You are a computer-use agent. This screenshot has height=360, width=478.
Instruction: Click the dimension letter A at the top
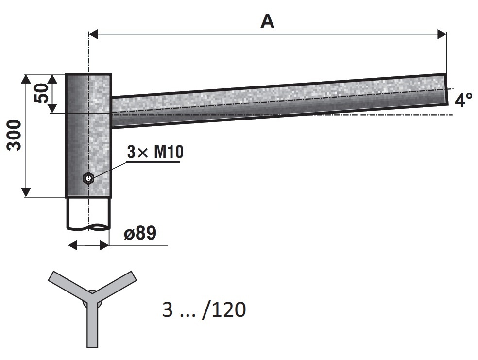(x=267, y=22)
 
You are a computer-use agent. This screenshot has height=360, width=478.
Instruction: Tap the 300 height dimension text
(x=14, y=135)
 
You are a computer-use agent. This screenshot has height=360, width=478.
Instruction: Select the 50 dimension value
(x=42, y=93)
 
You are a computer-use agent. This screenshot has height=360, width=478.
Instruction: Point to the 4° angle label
(x=463, y=100)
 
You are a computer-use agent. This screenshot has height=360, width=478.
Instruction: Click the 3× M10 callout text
(x=155, y=152)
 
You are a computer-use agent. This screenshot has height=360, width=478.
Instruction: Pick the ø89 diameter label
(x=140, y=233)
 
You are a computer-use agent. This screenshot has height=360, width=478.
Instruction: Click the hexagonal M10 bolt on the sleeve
(x=88, y=178)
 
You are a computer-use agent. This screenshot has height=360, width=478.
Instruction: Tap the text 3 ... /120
(x=204, y=309)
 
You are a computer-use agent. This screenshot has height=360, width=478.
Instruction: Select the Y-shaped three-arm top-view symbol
(x=92, y=308)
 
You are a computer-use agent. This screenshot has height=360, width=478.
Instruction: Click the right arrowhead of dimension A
(x=442, y=34)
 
